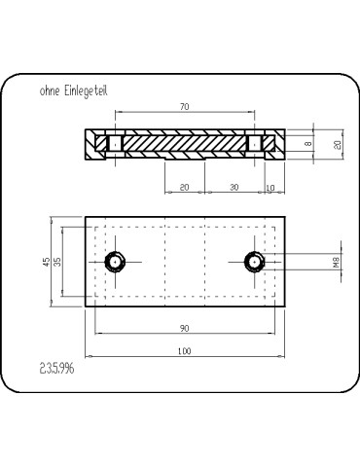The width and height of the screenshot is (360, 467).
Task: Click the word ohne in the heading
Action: [x=50, y=90]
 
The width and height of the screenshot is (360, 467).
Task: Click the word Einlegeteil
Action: [x=86, y=91]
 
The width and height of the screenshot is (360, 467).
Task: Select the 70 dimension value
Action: [x=185, y=106]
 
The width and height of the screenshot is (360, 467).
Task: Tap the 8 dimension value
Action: [x=308, y=143]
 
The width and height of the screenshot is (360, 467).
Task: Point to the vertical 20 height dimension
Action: [x=338, y=144]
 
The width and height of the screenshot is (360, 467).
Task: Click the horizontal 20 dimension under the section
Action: [x=184, y=187]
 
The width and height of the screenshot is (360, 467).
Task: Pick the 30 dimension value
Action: [x=234, y=187]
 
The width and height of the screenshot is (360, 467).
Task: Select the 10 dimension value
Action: [x=270, y=188]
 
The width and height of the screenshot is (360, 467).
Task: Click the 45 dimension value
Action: [x=47, y=262]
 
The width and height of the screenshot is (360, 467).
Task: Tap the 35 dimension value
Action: [x=57, y=262]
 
